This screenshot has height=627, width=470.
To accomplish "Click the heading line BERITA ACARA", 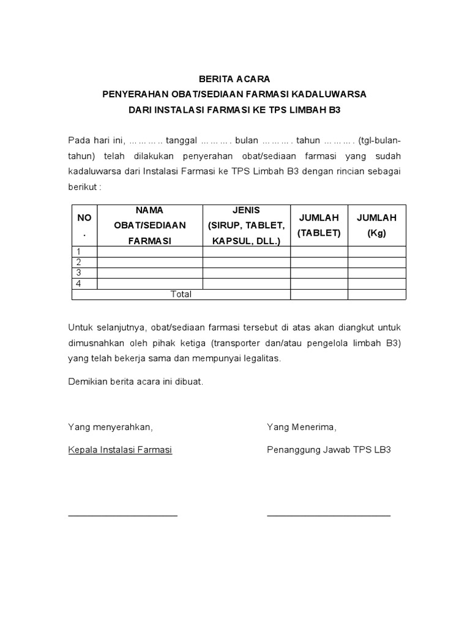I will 234,79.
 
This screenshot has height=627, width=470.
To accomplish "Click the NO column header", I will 84,218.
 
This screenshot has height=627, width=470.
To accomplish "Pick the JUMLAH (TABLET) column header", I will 319,225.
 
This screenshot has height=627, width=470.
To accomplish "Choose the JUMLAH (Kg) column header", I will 376,225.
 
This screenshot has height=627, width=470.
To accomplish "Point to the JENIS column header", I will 246,225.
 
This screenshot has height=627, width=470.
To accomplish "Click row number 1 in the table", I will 78,252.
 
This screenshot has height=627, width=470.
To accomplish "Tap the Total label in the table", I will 181,295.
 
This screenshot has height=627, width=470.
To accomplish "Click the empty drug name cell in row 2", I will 149,263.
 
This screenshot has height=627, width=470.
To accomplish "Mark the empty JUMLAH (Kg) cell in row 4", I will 376,284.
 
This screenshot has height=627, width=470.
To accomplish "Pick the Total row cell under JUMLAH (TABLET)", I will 319,295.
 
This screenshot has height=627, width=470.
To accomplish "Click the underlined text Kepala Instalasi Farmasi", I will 120,449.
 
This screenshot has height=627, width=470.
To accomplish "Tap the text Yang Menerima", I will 301,427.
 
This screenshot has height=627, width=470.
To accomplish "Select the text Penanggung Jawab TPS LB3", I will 329,449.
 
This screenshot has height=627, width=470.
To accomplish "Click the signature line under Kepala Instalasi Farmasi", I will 122,516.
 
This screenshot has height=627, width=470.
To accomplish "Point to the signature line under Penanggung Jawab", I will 329,516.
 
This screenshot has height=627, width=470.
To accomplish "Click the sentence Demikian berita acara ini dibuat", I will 135,381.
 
